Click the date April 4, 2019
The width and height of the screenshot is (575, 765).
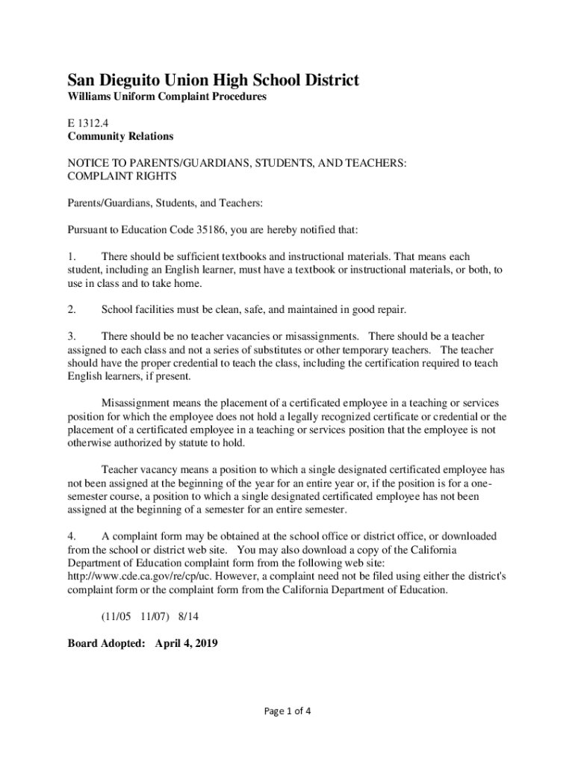(186, 642)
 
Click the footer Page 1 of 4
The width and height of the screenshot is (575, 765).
(287, 710)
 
